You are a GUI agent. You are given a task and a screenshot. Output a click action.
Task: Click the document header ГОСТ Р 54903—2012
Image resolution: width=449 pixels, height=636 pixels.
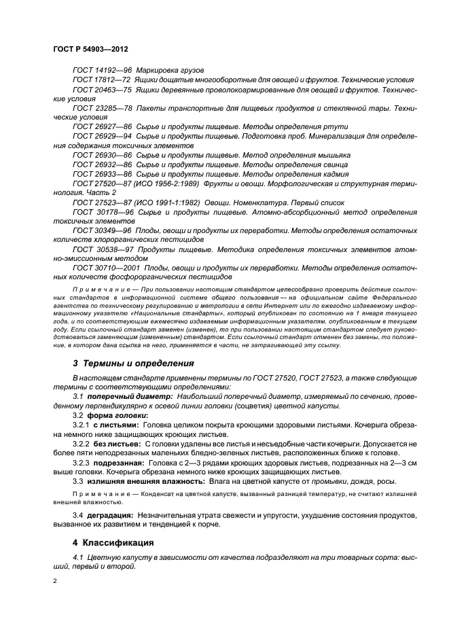coord(92,50)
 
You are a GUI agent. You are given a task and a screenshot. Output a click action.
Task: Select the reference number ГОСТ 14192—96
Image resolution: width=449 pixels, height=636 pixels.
coord(102,71)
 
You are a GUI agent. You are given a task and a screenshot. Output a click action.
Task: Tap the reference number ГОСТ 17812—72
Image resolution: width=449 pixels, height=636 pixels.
coord(102,80)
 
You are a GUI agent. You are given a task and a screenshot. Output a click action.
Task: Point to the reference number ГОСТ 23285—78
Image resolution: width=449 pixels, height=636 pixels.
coord(102,108)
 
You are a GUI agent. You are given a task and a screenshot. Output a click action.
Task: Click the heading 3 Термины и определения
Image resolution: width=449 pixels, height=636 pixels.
coord(133,364)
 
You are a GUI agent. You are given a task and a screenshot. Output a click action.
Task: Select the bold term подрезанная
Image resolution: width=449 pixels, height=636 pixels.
coord(120,462)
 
